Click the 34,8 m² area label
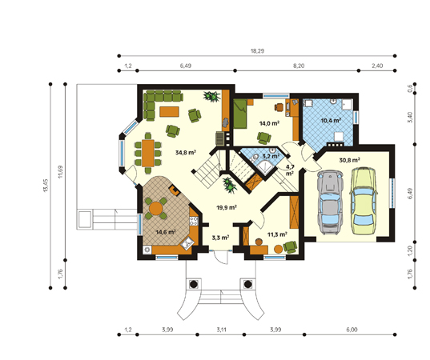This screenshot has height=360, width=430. pos(186,152)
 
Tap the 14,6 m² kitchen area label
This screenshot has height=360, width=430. pos(166,232)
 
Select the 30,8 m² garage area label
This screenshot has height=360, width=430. pos(350,160)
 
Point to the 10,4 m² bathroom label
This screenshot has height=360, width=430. pos(331,120)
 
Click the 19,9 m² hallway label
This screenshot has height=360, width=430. pos(227,207)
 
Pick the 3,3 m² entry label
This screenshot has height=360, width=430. pos(220,238)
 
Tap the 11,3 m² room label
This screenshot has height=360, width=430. pos(277,234)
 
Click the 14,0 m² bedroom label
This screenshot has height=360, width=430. pos(269,123)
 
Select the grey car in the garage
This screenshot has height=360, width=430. pos(330,202)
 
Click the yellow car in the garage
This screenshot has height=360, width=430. pos(364,201)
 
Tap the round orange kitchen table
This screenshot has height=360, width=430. pos(156,209)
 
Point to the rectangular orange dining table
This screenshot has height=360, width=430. pos(148,153)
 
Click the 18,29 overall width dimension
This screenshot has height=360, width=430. pos(257,51)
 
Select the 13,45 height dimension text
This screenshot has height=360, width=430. pos(46,186)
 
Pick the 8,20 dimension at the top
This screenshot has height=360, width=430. pos(299,66)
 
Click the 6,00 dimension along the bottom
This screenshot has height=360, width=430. pos(352,330)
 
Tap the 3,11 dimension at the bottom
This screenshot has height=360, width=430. pos(221,330)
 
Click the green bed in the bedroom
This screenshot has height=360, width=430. pos(240,114)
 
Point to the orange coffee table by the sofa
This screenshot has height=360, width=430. pos(170,112)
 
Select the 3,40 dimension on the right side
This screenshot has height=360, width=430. pos(410,118)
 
